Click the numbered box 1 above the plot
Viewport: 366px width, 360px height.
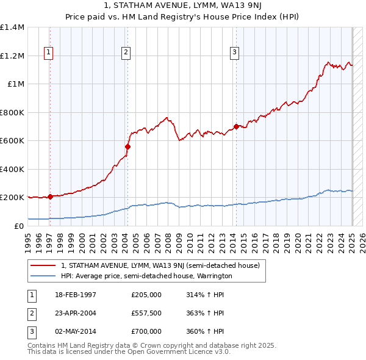(48, 53)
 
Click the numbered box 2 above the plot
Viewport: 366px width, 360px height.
(126, 53)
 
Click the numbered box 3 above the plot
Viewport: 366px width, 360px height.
(234, 53)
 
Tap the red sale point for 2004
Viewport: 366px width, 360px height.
(127, 146)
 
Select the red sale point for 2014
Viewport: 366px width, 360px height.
(236, 126)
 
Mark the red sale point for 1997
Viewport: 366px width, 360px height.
(50, 196)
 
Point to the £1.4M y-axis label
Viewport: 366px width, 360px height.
(12, 27)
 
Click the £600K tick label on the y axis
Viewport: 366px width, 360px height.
(12, 141)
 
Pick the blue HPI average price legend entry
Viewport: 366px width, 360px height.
(146, 276)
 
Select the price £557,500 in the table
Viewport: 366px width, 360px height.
(146, 313)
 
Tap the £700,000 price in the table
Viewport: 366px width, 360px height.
(146, 331)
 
